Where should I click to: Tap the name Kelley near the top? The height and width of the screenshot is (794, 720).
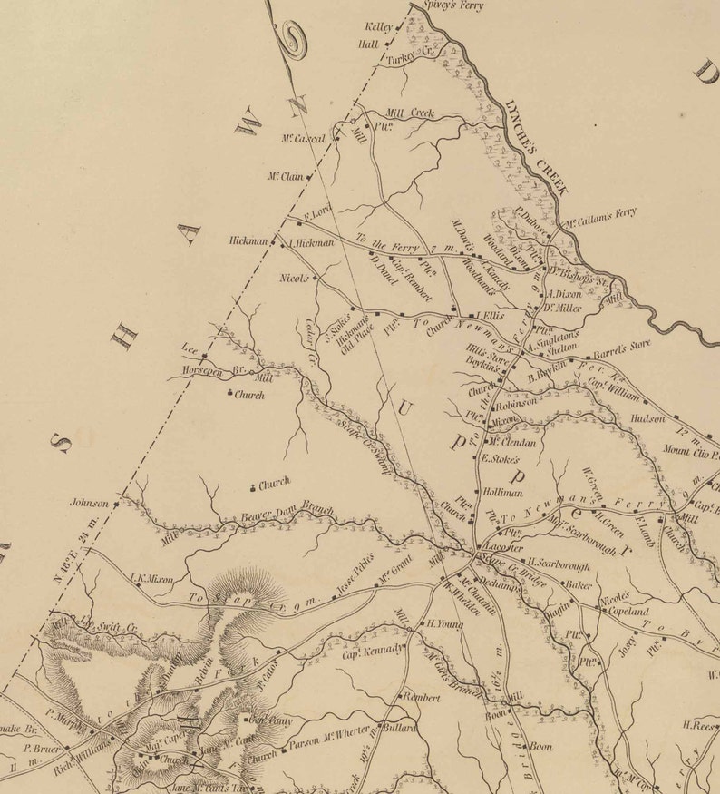tap(378, 27)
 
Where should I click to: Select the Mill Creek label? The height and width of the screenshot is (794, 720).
tap(410, 113)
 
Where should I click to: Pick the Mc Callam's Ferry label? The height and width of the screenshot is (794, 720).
tap(600, 218)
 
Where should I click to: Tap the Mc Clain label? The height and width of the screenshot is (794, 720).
tap(285, 177)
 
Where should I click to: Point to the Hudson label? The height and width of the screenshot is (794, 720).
tap(648, 418)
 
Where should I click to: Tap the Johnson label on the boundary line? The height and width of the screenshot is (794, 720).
tap(89, 502)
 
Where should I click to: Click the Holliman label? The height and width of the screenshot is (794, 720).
tap(503, 491)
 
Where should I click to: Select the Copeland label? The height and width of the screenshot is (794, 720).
tap(623, 613)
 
